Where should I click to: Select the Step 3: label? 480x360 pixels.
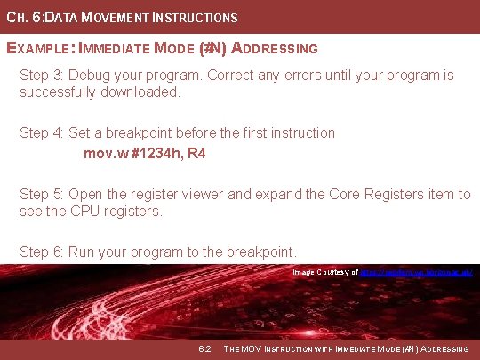click(41, 75)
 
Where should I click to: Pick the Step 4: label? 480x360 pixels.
click(41, 132)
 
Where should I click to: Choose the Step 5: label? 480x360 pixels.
click(41, 195)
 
